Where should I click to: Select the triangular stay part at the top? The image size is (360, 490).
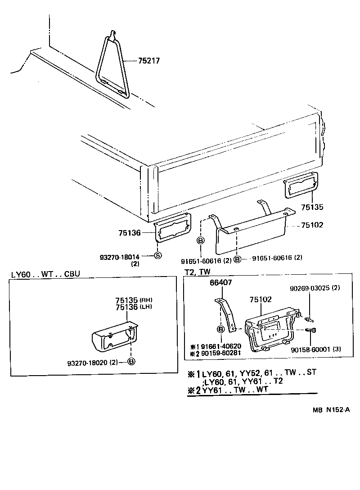point(113,68)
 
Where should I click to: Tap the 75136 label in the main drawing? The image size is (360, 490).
point(130,233)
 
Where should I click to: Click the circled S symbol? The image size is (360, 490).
point(157,256)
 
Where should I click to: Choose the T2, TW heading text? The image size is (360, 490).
point(198,272)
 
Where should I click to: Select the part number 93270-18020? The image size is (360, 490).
point(90,361)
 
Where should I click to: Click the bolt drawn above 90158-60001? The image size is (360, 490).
point(310,331)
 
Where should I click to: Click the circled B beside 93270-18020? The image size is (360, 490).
point(131,361)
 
